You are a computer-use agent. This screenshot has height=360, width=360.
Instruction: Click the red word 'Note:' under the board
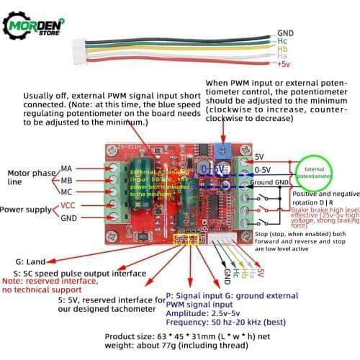[15, 281]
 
